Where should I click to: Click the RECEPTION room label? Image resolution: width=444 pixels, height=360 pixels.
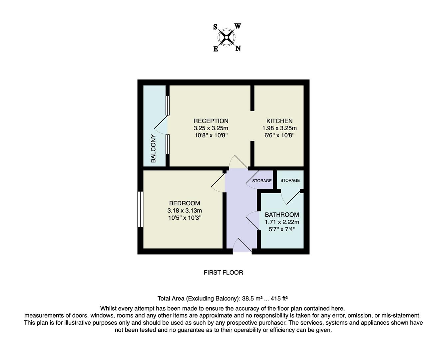click(211, 121)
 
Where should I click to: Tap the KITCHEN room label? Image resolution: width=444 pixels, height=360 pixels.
click(279, 121)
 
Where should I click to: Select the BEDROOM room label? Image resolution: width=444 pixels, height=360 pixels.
click(185, 203)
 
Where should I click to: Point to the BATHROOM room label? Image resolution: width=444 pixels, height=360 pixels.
click(282, 215)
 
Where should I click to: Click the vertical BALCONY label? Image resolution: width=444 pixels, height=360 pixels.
click(153, 148)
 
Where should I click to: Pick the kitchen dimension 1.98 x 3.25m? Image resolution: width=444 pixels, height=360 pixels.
click(279, 128)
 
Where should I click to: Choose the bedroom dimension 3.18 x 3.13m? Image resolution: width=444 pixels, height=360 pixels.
click(185, 211)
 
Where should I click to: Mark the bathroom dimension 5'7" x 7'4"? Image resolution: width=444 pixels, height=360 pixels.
click(282, 229)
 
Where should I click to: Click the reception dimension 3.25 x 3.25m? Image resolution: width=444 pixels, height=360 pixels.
click(211, 128)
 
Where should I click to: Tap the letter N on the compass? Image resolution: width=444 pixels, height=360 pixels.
click(238, 48)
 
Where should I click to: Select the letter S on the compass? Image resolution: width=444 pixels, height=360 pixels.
click(215, 27)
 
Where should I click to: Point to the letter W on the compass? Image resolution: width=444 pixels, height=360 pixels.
click(238, 26)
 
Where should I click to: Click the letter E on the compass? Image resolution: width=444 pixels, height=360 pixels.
click(216, 49)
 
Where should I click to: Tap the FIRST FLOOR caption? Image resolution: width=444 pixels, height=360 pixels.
click(223, 273)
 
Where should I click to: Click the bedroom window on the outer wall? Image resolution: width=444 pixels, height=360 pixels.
click(141, 210)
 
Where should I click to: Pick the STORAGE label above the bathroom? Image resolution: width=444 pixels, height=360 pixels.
click(290, 180)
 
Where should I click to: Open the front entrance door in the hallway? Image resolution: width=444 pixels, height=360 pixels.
click(242, 246)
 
